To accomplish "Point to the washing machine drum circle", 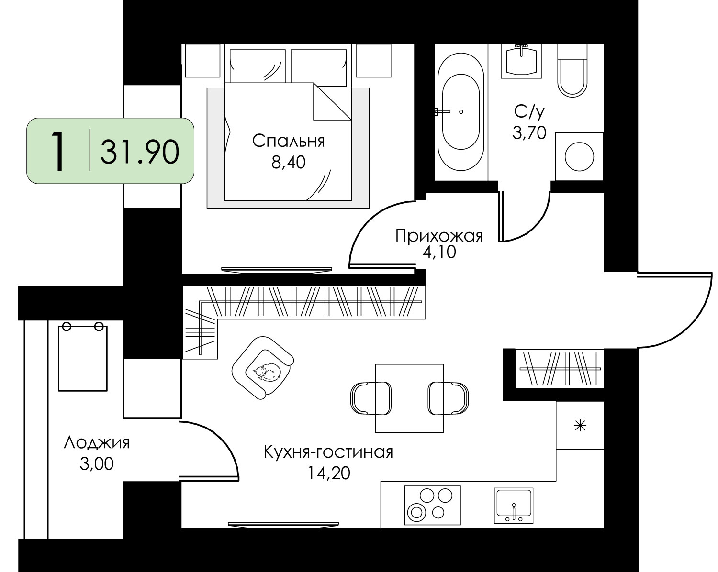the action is (579, 157).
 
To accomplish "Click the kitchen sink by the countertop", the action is (514, 506).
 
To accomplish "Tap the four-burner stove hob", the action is (432, 505).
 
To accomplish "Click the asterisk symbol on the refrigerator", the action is (580, 426).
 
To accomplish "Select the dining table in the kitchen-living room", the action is (409, 398).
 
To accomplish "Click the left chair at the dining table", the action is (370, 398).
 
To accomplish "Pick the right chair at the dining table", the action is (448, 398).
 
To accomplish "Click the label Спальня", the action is (288, 141).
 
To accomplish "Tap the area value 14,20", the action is (329, 473).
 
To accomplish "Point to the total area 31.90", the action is (140, 152).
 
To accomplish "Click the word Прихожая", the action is (439, 236).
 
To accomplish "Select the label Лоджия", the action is (96, 443).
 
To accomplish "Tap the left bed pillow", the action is (258, 66).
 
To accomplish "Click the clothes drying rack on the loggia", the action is (83, 356).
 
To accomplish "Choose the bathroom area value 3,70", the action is (529, 133).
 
